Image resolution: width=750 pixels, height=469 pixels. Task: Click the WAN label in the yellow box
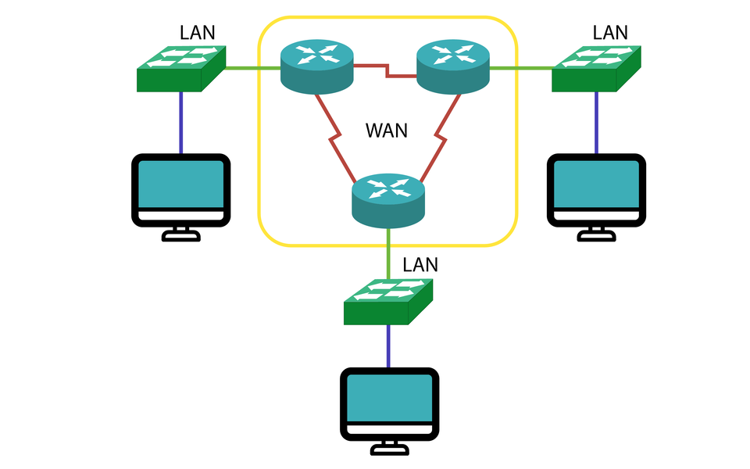click(387, 130)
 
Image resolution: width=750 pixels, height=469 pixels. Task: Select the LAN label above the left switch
click(197, 32)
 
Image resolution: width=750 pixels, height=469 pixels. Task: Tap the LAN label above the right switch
click(610, 32)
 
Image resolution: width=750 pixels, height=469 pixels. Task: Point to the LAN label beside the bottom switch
click(420, 264)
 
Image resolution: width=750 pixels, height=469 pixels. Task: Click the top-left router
click(316, 66)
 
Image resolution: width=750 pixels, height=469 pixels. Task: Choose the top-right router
click(452, 66)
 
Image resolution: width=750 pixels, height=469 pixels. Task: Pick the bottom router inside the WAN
click(387, 200)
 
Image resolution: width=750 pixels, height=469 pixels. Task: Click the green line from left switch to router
click(252, 68)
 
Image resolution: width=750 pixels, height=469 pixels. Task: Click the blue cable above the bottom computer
click(388, 345)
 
